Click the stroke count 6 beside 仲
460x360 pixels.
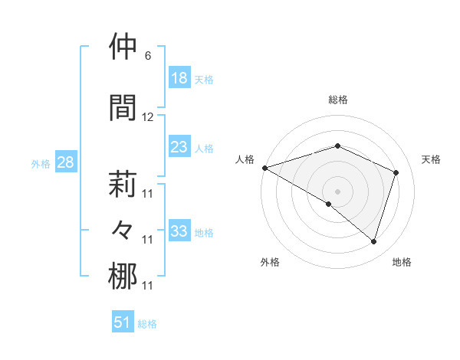147,56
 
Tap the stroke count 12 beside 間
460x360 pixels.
148,117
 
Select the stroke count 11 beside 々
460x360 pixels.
148,240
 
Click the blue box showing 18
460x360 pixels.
179,78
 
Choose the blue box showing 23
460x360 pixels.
179,147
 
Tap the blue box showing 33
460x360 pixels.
179,231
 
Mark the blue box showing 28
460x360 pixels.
65,162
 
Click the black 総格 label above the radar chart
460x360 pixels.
337,100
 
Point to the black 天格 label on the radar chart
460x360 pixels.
432,159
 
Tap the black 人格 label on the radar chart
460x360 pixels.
245,159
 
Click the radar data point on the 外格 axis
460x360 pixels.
329,205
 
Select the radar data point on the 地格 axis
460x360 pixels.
373,242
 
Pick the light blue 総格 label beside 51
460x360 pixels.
147,324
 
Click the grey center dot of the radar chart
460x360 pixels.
337,191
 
